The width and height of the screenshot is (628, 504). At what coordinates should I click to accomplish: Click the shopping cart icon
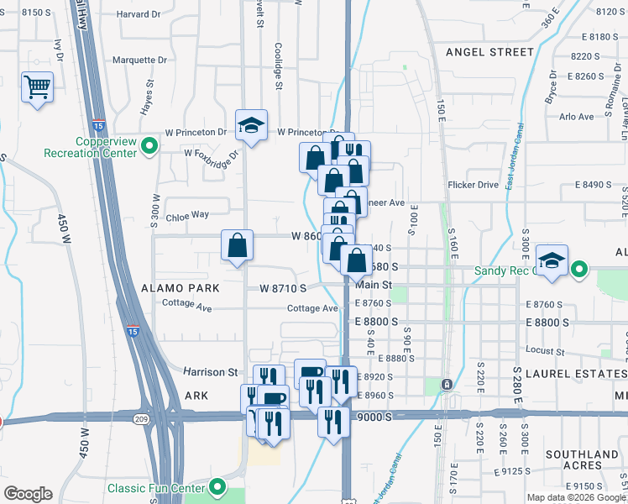tap(38, 87)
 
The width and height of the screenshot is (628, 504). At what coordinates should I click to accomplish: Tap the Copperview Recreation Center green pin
tap(150, 147)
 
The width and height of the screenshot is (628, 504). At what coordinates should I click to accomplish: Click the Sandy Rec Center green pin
tap(579, 270)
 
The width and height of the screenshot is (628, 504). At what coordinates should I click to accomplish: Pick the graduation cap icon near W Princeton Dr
tap(251, 125)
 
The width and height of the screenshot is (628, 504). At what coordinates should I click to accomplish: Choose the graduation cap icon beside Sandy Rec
tap(552, 260)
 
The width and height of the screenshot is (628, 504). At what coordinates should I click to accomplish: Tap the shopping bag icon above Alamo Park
tap(237, 246)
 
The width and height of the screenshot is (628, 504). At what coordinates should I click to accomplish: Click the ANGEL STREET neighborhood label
tap(489, 52)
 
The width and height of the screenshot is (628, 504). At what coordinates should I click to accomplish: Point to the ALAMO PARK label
tap(181, 287)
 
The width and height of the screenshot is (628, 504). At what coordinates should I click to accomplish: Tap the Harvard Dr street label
tap(139, 14)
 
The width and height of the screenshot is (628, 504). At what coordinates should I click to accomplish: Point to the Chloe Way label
tap(187, 214)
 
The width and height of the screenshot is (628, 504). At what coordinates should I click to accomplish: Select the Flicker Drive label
tap(474, 185)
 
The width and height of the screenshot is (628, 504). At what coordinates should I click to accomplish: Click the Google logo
tap(27, 494)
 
